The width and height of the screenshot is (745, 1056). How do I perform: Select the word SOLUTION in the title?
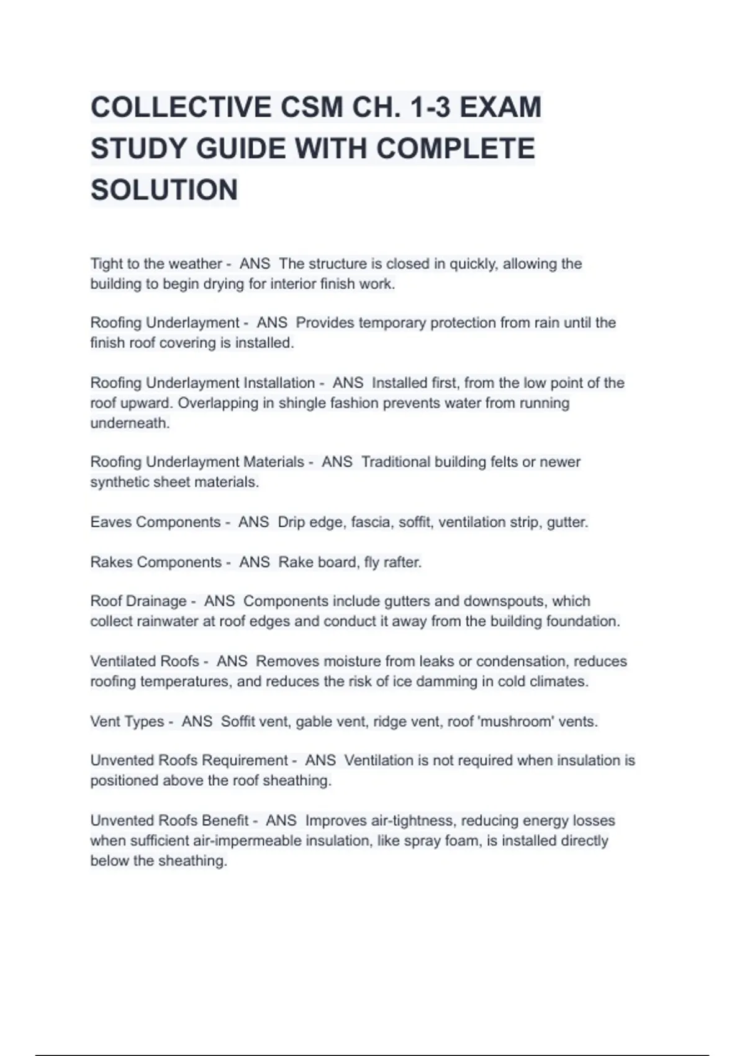click(164, 190)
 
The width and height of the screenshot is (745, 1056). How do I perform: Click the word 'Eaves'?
click(111, 522)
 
